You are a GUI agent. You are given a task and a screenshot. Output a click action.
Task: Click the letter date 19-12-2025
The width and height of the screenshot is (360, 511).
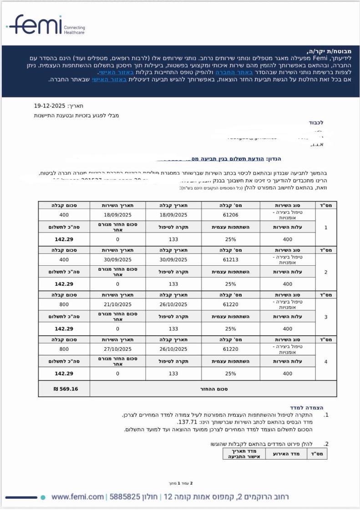click(50, 106)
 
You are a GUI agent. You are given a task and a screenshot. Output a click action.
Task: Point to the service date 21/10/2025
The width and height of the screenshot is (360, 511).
click(117, 304)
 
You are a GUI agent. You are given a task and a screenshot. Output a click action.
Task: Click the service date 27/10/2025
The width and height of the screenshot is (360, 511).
click(117, 349)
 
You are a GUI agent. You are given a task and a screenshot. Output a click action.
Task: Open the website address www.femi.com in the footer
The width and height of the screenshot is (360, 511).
click(77, 497)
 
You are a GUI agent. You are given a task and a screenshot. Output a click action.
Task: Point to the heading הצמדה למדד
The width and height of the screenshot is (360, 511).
click(306, 408)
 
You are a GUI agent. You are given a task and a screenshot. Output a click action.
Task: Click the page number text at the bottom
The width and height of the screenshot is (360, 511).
click(179, 483)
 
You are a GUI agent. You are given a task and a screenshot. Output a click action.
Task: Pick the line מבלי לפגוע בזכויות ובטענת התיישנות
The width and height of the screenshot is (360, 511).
click(76, 116)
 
